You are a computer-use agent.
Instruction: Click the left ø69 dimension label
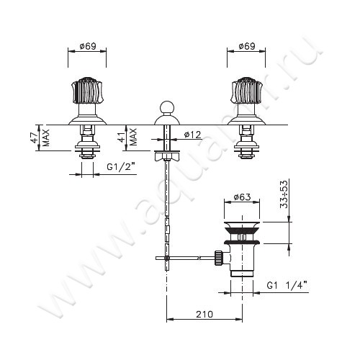coord(88,46)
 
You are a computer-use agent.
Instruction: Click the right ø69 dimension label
coord(247,46)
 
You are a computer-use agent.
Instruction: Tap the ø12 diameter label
coord(193,135)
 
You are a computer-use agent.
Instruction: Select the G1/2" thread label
coord(121,166)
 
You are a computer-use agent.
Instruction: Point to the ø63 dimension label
coord(242,197)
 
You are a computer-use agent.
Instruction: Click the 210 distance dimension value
coord(204,314)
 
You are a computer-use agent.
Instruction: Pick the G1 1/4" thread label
coord(287,286)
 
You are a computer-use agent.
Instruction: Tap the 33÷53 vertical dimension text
coord(284,194)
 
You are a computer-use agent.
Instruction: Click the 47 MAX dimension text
coord(41,138)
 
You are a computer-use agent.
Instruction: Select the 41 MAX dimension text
coord(128,137)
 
